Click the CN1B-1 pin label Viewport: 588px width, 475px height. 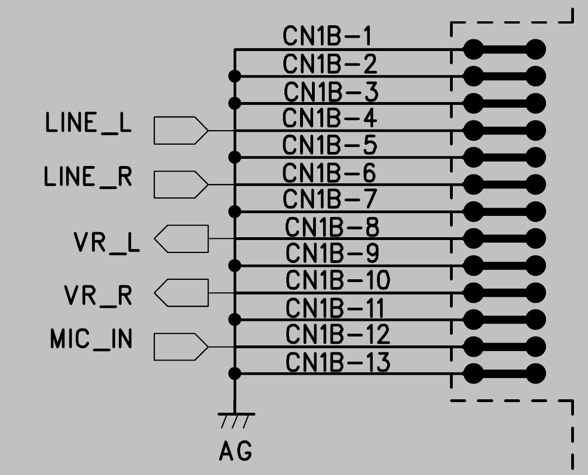point(327,37)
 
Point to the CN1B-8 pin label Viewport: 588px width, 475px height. point(332,227)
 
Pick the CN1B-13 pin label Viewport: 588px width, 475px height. point(338,362)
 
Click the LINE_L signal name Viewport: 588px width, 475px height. point(88,124)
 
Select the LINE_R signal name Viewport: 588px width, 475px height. point(88,178)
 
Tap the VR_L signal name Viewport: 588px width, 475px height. point(107,243)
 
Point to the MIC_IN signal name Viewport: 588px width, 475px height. point(91,339)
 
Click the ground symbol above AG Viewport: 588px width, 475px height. point(235,418)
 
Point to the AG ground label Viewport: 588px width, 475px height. point(235,451)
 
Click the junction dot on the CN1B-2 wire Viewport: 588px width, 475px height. point(235,76)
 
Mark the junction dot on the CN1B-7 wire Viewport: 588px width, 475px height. point(235,211)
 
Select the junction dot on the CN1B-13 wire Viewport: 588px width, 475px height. point(235,373)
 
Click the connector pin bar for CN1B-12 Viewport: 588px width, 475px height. point(504,346)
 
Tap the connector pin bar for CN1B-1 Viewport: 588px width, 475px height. point(504,49)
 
